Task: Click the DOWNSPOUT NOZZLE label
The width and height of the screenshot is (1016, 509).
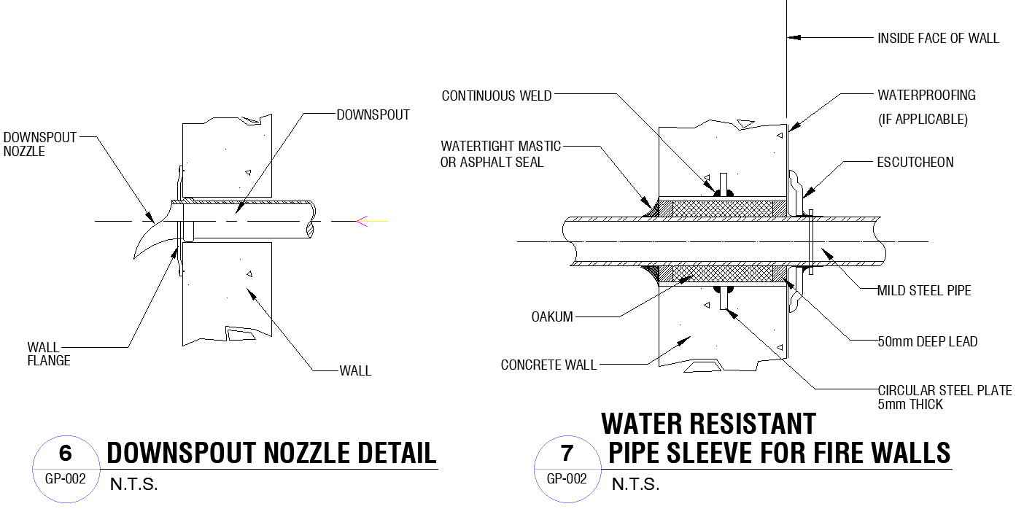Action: pos(39,144)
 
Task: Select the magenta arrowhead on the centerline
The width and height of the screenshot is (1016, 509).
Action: pos(361,221)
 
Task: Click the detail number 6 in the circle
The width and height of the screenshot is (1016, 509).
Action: pos(66,454)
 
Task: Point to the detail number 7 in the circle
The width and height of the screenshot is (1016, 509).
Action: pos(567,454)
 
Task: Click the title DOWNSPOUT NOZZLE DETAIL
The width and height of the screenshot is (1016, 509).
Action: pos(271,453)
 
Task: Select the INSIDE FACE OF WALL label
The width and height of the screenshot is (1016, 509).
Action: pos(938,38)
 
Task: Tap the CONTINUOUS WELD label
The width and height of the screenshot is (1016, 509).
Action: pos(497,96)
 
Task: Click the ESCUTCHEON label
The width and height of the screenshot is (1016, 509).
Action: pos(915,163)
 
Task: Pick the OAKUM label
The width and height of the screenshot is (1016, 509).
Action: pos(552,317)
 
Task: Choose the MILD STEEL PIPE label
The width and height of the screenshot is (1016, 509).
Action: pos(924,291)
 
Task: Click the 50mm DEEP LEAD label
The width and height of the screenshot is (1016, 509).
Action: pos(927,341)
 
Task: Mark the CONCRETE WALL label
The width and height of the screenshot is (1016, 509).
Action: pos(548,365)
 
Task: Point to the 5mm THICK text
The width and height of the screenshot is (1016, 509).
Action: pos(910,405)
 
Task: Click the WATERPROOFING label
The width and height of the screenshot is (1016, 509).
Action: pos(926,96)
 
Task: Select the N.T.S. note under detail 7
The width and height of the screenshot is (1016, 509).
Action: pos(635,484)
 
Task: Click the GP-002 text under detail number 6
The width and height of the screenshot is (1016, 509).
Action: pos(66,479)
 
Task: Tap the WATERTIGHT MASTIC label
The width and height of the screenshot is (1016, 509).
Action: pos(500,147)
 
